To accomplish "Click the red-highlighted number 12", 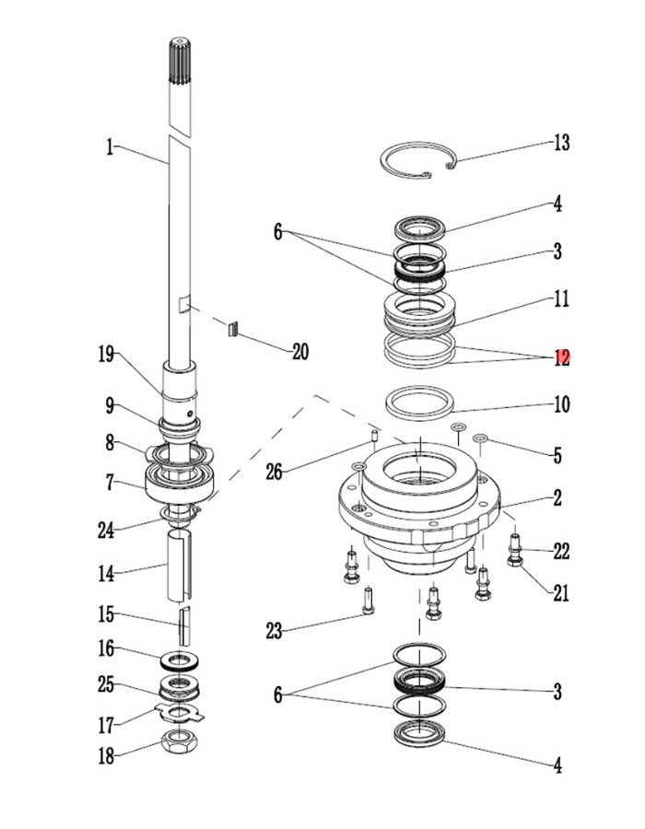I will pyautogui.click(x=561, y=357).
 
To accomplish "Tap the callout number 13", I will pyautogui.click(x=561, y=144).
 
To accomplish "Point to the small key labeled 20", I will pyautogui.click(x=232, y=328).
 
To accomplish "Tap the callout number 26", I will pyautogui.click(x=274, y=473).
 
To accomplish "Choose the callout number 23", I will pyautogui.click(x=274, y=631).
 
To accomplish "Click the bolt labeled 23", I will pyautogui.click(x=369, y=602).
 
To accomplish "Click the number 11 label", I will pyautogui.click(x=561, y=299).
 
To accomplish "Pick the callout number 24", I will pyautogui.click(x=106, y=530).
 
